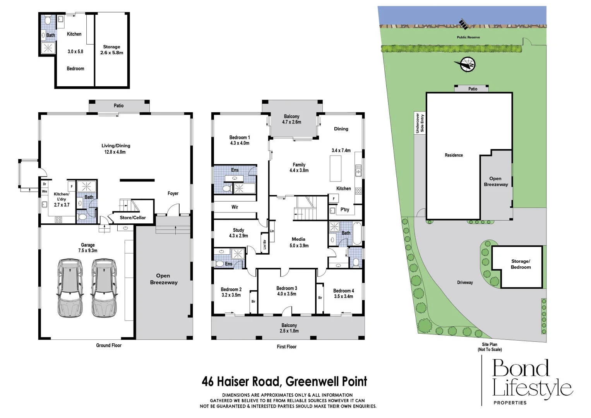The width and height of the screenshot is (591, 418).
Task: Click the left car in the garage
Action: coord(70,288)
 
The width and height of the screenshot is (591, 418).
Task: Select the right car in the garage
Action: coord(104,288)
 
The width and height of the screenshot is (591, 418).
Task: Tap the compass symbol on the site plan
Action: coord(468,64)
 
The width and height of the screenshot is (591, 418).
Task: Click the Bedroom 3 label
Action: coord(287,288)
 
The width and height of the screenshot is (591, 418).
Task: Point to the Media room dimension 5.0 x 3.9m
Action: coord(298,246)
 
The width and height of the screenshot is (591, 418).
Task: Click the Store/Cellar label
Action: coord(133,218)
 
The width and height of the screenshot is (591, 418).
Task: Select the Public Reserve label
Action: coord(468,38)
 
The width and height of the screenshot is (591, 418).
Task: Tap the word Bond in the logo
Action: coord(521,368)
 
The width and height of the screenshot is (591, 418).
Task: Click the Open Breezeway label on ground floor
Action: coord(163,279)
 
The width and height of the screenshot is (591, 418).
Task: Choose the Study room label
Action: coord(238,230)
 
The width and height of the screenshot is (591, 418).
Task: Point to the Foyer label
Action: coord(173,194)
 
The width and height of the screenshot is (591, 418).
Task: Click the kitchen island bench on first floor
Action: coord(336,168)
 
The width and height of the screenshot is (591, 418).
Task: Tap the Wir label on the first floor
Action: coord(235,207)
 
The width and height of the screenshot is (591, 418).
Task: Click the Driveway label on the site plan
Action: coord(465,283)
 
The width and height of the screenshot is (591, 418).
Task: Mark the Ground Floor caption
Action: coord(109,346)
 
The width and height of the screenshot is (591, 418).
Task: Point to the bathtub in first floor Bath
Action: coord(357,233)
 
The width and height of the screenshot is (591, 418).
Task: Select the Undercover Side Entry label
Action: coord(420,123)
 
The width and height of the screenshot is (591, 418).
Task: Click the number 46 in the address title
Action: coord(207,382)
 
